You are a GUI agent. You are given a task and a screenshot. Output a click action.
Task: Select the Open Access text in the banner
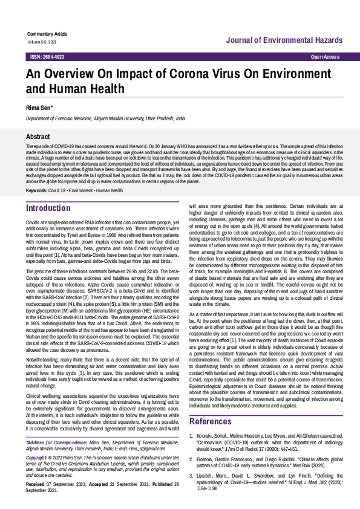325,56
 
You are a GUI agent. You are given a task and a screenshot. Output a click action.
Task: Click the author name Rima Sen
39,108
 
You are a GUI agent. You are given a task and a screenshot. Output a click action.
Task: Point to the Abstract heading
38,137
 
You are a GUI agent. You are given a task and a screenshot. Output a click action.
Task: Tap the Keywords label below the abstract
36,174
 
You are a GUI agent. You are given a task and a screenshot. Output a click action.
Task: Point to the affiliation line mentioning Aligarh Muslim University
105,120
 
